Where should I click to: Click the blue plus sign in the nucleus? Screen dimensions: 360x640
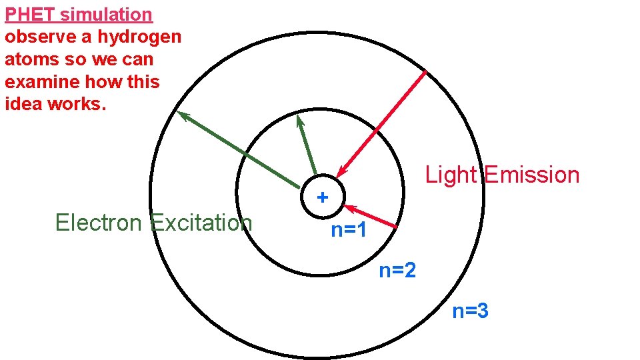point(323,197)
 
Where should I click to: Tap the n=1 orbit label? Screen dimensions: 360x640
point(349,231)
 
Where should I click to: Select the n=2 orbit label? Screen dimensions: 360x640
point(397,271)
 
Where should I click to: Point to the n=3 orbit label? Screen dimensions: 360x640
point(471,311)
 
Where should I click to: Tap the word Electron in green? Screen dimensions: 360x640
point(100,223)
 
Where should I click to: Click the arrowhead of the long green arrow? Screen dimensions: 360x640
point(182,115)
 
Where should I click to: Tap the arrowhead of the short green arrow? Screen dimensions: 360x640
point(300,119)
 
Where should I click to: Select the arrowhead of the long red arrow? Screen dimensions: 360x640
point(340,175)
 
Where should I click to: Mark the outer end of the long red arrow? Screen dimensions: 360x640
point(425,72)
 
